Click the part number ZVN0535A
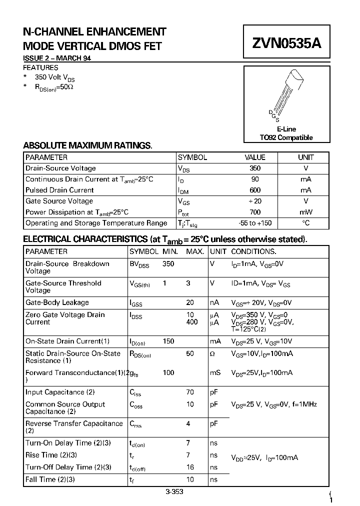286,43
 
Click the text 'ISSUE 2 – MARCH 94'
57,58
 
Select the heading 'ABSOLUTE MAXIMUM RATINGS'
87,145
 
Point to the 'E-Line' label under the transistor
286,129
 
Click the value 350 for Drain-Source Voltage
255,168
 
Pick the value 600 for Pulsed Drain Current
255,190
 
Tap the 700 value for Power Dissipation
255,212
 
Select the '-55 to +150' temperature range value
255,223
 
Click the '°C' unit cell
306,223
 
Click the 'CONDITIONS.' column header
253,251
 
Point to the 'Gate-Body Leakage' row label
57,302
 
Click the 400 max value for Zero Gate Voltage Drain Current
192,322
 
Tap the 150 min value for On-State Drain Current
168,341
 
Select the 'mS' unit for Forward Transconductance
215,373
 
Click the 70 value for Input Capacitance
190,392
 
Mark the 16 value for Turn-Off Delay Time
190,467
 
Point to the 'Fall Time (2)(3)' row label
50,479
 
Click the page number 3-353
174,491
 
